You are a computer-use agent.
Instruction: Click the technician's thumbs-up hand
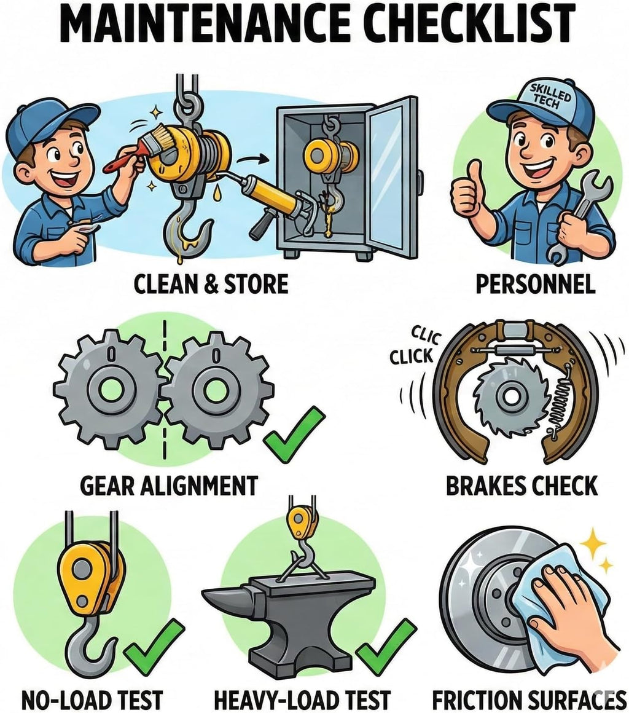[x=467, y=191]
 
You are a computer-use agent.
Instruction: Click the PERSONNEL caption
[x=536, y=285]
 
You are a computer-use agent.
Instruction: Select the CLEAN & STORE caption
[x=211, y=284]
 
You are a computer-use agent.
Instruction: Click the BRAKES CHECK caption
[x=522, y=486]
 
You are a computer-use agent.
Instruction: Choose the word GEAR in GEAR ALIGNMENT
[x=107, y=486]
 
